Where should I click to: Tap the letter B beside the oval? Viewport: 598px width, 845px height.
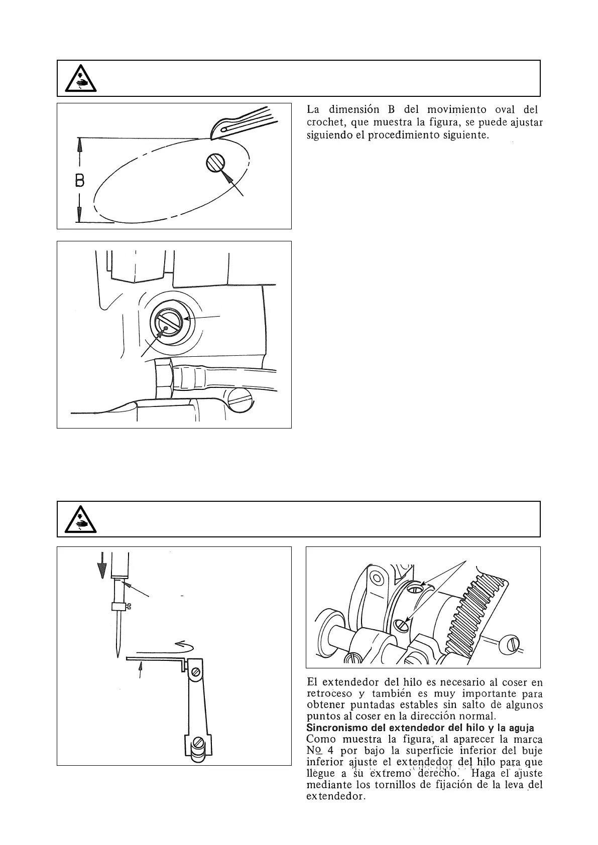(79, 181)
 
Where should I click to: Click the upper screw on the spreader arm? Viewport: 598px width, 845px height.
(196, 671)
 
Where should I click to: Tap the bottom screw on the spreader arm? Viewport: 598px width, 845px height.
(199, 742)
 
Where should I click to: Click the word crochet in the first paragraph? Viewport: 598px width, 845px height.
(324, 122)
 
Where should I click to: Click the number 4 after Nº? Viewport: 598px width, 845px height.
(330, 751)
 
